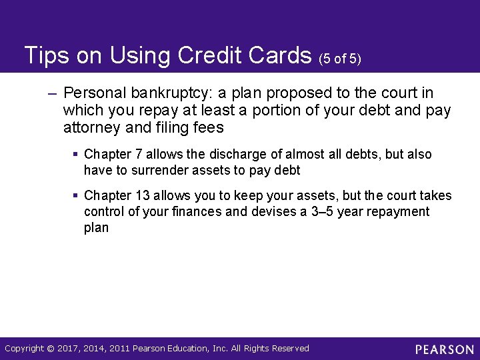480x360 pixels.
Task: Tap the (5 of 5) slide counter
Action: pos(339,59)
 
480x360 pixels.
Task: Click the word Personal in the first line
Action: pos(93,93)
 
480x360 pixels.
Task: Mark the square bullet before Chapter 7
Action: pos(76,155)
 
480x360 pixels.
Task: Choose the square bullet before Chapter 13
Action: pos(76,196)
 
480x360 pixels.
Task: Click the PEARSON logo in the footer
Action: pos(444,349)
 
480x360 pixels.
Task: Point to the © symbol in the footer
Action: pos(52,349)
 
